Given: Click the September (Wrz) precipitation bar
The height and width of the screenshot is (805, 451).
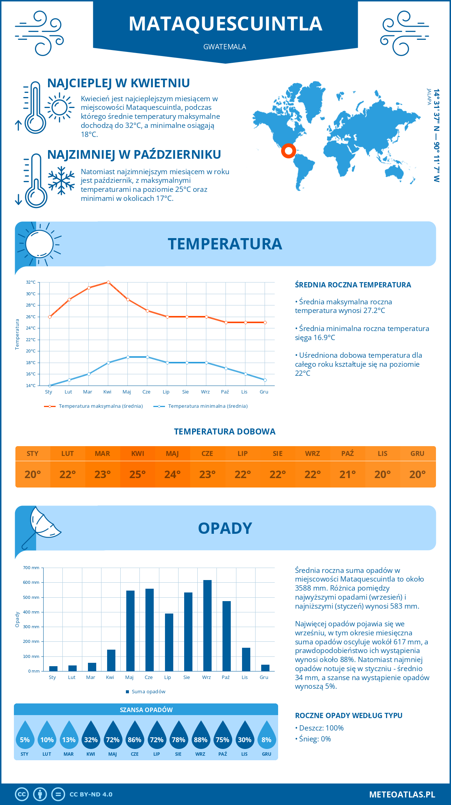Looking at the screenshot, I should coord(207,626).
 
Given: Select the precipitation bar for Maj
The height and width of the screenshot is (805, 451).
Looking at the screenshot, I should coord(130,631).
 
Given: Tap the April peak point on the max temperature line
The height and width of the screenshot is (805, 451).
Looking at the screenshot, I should coord(108,282).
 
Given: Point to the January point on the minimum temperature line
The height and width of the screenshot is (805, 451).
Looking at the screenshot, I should coord(50,386).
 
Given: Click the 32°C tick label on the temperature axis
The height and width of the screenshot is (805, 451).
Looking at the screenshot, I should coord(31,282).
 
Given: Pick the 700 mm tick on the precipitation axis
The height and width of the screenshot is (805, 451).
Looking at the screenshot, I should coord(31,568).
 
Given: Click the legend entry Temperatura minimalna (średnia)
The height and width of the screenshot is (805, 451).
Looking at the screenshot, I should coord(207,406).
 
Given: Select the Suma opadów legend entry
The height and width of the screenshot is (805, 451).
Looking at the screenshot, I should coord(148,692).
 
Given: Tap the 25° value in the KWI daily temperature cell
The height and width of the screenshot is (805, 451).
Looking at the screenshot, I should coord(138,474).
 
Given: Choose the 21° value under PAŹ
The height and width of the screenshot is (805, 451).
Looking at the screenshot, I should coord(348,474).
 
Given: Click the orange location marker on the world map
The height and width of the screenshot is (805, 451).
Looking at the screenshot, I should coord(288,151).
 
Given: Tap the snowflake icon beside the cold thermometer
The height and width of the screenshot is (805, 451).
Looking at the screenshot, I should coord(61,181).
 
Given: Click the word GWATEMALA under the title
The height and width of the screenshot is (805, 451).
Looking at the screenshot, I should coord(225,47).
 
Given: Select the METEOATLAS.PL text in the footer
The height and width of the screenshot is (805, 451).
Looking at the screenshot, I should coord(402,794).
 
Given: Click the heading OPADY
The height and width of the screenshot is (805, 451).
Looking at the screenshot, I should coord(225,528).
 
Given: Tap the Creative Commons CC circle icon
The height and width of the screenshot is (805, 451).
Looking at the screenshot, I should coord(22,794).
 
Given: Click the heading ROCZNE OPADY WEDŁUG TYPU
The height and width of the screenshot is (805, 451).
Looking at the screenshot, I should coord(348,715).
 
